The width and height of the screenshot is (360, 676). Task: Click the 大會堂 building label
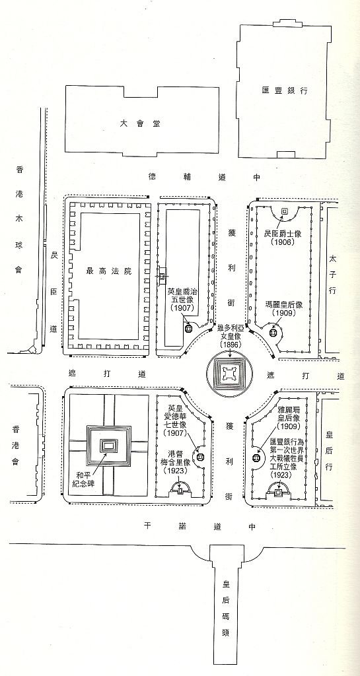140,123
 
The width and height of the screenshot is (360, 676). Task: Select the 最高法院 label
108,271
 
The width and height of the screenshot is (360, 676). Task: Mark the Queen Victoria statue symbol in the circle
230,374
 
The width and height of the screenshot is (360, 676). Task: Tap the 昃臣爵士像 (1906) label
283,238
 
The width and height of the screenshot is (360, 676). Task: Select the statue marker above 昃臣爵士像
284,211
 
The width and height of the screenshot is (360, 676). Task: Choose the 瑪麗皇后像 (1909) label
284,309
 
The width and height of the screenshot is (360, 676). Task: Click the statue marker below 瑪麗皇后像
273,333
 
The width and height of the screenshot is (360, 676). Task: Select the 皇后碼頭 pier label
226,608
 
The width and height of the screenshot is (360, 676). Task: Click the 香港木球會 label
18,219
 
